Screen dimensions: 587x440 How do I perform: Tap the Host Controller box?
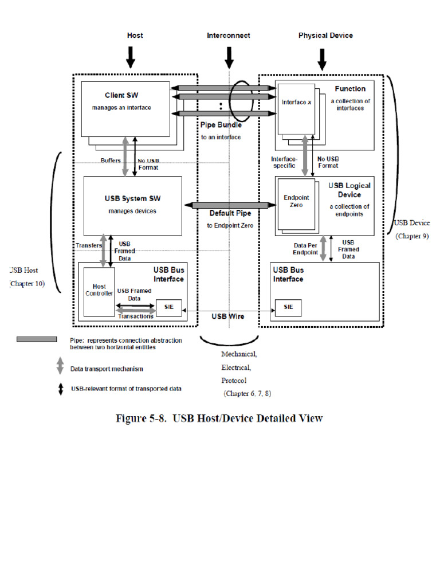point(99,291)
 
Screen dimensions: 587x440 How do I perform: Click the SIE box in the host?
point(168,308)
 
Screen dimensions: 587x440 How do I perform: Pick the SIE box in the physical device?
point(288,307)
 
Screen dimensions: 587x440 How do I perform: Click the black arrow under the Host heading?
point(131,56)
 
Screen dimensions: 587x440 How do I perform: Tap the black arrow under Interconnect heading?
point(229,56)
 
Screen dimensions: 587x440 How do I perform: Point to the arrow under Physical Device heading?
point(321,57)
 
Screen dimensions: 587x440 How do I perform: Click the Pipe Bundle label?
point(221,125)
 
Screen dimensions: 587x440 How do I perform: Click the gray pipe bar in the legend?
point(37,339)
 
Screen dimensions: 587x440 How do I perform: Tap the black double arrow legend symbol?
point(60,389)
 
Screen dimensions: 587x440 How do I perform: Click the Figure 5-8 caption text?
point(219,418)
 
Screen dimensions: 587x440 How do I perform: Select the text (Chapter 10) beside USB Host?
point(26,283)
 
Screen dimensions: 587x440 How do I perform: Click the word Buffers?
point(111,161)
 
